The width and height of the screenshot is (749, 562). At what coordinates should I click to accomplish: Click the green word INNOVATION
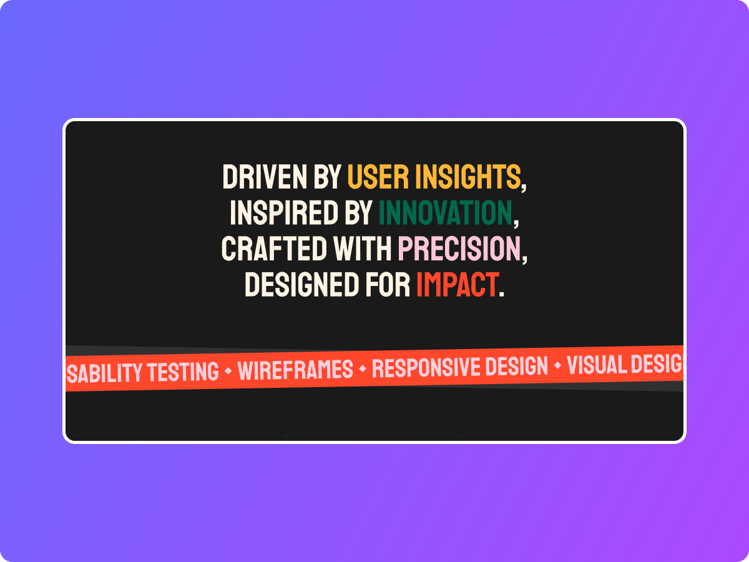tap(445, 213)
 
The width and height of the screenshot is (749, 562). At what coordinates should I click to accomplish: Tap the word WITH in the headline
tap(363, 249)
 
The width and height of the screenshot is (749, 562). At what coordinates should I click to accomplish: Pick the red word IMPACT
tap(458, 285)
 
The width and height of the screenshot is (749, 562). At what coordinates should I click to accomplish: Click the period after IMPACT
tap(502, 293)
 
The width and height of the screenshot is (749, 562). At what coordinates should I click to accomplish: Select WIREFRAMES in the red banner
tap(295, 370)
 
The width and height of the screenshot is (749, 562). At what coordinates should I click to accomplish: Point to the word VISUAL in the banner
tap(594, 365)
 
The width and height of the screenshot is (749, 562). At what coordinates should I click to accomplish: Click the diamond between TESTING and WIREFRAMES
tap(228, 372)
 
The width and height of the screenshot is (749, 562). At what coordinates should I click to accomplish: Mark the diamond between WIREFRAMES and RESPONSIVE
tap(363, 370)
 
